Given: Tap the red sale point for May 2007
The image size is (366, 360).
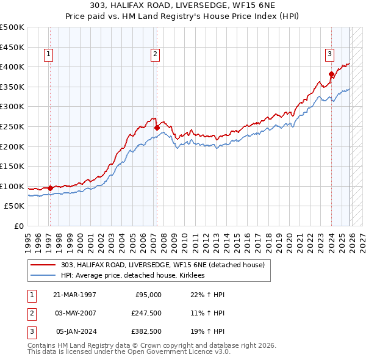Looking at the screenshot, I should pos(157,128).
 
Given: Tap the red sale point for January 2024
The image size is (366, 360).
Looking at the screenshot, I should pos(331,74).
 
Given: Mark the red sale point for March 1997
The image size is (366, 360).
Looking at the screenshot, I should pos(50,188).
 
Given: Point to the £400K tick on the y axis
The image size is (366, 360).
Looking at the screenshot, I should pos(13,67).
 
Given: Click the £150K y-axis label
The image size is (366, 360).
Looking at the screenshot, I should pos(13,166).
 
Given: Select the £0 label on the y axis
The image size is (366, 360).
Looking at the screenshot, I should pos(18,226).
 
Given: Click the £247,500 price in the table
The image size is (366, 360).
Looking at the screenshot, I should pos(145,313).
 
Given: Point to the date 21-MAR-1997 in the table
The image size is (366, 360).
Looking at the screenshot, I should pos(74,295).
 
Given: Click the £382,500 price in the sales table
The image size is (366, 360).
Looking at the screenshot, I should pos(145,331).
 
